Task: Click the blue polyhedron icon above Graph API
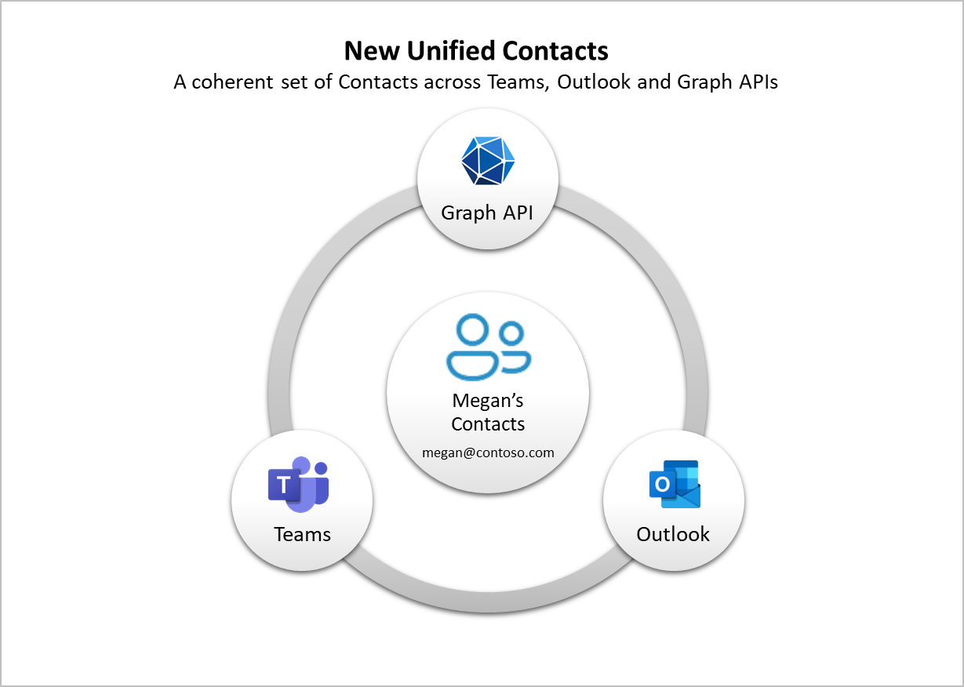click(x=488, y=161)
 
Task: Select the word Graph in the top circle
click(x=468, y=213)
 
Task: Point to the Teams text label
click(x=302, y=534)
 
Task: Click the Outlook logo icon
click(x=675, y=484)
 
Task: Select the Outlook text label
click(x=673, y=534)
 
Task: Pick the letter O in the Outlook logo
click(x=663, y=485)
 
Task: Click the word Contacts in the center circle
click(x=488, y=424)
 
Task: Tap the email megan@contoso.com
click(x=488, y=453)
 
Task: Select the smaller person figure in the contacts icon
click(x=514, y=349)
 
